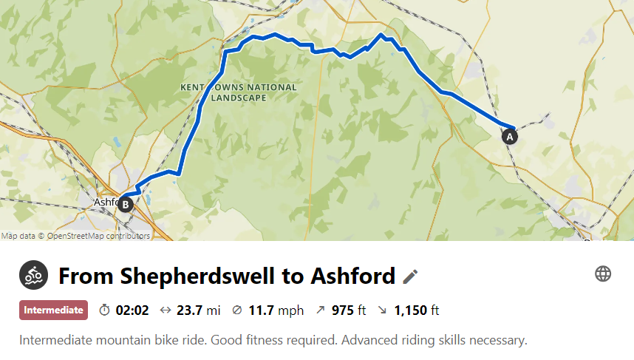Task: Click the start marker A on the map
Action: (508, 136)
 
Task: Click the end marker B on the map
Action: (126, 205)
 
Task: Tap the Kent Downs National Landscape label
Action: (239, 92)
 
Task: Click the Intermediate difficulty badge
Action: (53, 310)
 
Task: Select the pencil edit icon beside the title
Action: (410, 276)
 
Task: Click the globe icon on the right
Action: (603, 274)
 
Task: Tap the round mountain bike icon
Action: (33, 276)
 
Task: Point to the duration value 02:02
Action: (132, 310)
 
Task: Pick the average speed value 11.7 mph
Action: (276, 310)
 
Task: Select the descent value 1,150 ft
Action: (417, 310)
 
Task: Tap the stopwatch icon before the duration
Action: (104, 310)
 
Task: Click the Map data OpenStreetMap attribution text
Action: (75, 237)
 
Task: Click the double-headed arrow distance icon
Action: (165, 310)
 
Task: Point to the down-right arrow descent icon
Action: (382, 310)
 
